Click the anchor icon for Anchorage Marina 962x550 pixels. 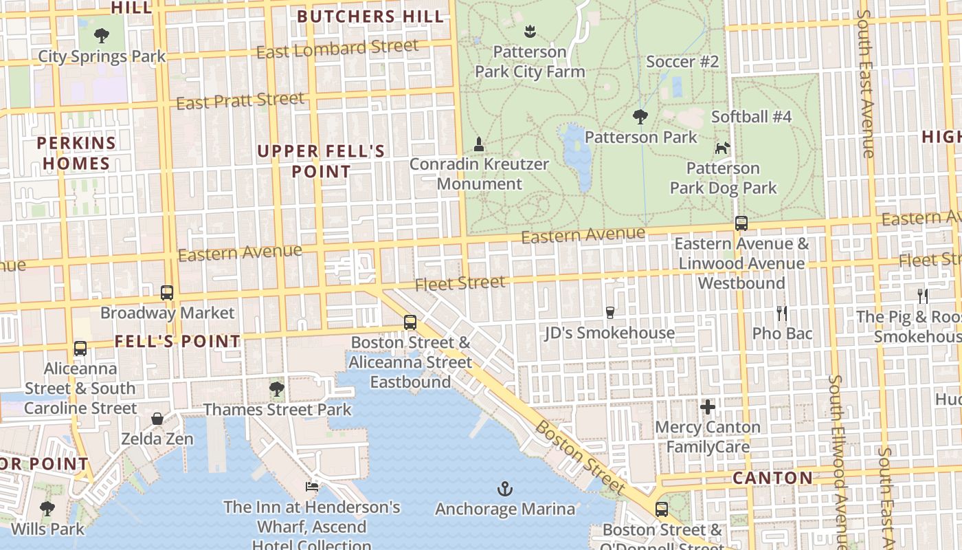(x=505, y=489)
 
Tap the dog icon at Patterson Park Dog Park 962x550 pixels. (x=722, y=148)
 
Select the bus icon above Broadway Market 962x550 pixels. (x=167, y=293)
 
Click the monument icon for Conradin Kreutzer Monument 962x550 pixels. (x=479, y=144)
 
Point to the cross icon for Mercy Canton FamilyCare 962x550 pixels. (x=708, y=407)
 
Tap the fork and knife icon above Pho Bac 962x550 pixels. (x=781, y=313)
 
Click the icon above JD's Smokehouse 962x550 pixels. (x=609, y=313)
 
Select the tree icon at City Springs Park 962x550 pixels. (x=102, y=35)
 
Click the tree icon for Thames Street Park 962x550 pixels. (x=277, y=390)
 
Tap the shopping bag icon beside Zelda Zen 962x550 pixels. (x=157, y=419)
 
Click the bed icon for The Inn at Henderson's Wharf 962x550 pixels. (x=312, y=487)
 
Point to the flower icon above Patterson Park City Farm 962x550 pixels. (x=530, y=31)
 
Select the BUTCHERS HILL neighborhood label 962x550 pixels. (x=370, y=16)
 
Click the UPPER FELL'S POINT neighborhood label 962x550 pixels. (x=321, y=161)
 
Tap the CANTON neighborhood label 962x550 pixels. (x=772, y=478)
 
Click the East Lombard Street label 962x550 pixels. (x=337, y=49)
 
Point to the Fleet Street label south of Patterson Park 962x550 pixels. (x=460, y=283)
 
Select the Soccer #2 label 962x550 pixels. (x=682, y=62)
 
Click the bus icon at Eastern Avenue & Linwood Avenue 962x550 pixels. (x=741, y=223)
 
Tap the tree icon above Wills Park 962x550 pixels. (x=47, y=509)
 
